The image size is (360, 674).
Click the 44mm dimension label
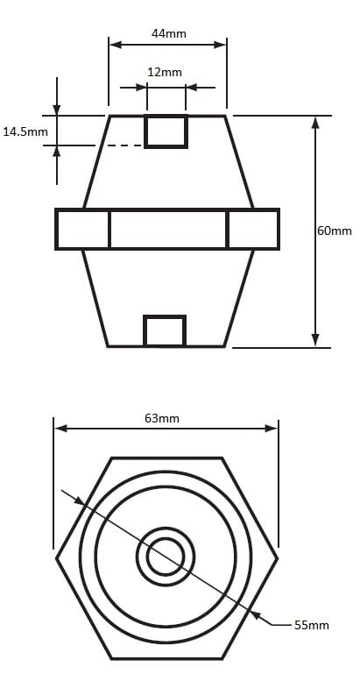click(x=169, y=33)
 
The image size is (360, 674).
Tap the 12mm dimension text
click(x=165, y=72)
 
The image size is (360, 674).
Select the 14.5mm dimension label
click(x=25, y=131)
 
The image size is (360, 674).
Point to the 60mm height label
click(x=335, y=231)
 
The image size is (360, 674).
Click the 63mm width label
click(x=162, y=418)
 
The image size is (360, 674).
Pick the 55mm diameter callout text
click(x=312, y=625)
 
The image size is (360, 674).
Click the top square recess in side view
click(x=166, y=131)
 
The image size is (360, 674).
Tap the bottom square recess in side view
click(x=165, y=330)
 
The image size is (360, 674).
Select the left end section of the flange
click(x=82, y=229)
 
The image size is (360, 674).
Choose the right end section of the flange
click(x=253, y=229)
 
